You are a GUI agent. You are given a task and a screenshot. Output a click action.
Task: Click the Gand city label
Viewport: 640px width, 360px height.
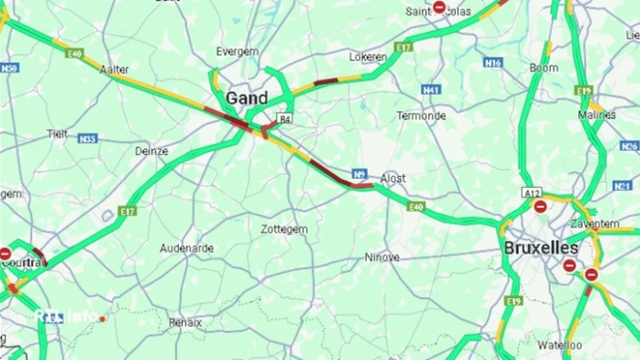tap(247, 97)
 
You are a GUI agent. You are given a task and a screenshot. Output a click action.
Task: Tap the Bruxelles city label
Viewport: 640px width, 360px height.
tap(541, 247)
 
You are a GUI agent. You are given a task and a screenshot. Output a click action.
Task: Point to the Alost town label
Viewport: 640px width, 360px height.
tap(394, 178)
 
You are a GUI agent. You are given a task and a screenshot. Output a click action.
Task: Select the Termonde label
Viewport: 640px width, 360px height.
tap(421, 115)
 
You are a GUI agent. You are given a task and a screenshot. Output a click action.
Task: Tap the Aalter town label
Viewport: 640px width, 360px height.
tap(114, 70)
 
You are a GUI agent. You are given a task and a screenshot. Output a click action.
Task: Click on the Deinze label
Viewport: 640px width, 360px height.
tap(152, 151)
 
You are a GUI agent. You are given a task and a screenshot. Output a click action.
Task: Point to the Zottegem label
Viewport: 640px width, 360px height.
tap(284, 229)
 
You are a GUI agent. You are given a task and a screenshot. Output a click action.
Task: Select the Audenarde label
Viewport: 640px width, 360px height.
tap(187, 248)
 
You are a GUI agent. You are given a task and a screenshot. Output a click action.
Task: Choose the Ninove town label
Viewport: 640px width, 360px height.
tap(382, 257)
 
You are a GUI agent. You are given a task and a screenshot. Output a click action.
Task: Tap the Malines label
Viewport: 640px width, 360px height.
tap(597, 114)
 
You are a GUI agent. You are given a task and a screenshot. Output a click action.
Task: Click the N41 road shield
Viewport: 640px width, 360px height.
tap(430, 90)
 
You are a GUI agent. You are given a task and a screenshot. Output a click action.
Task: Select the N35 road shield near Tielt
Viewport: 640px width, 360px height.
tap(87, 139)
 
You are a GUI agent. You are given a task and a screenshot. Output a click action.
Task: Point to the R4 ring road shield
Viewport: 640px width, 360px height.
tap(285, 118)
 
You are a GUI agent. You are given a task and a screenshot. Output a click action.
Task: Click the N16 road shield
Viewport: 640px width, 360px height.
tap(493, 62)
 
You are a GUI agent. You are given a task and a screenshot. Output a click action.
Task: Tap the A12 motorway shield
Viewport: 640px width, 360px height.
tap(534, 192)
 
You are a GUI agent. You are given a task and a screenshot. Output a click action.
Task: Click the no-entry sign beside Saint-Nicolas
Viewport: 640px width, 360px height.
tap(439, 7)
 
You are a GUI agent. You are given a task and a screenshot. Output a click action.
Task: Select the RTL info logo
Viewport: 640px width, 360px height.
tap(68, 316)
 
